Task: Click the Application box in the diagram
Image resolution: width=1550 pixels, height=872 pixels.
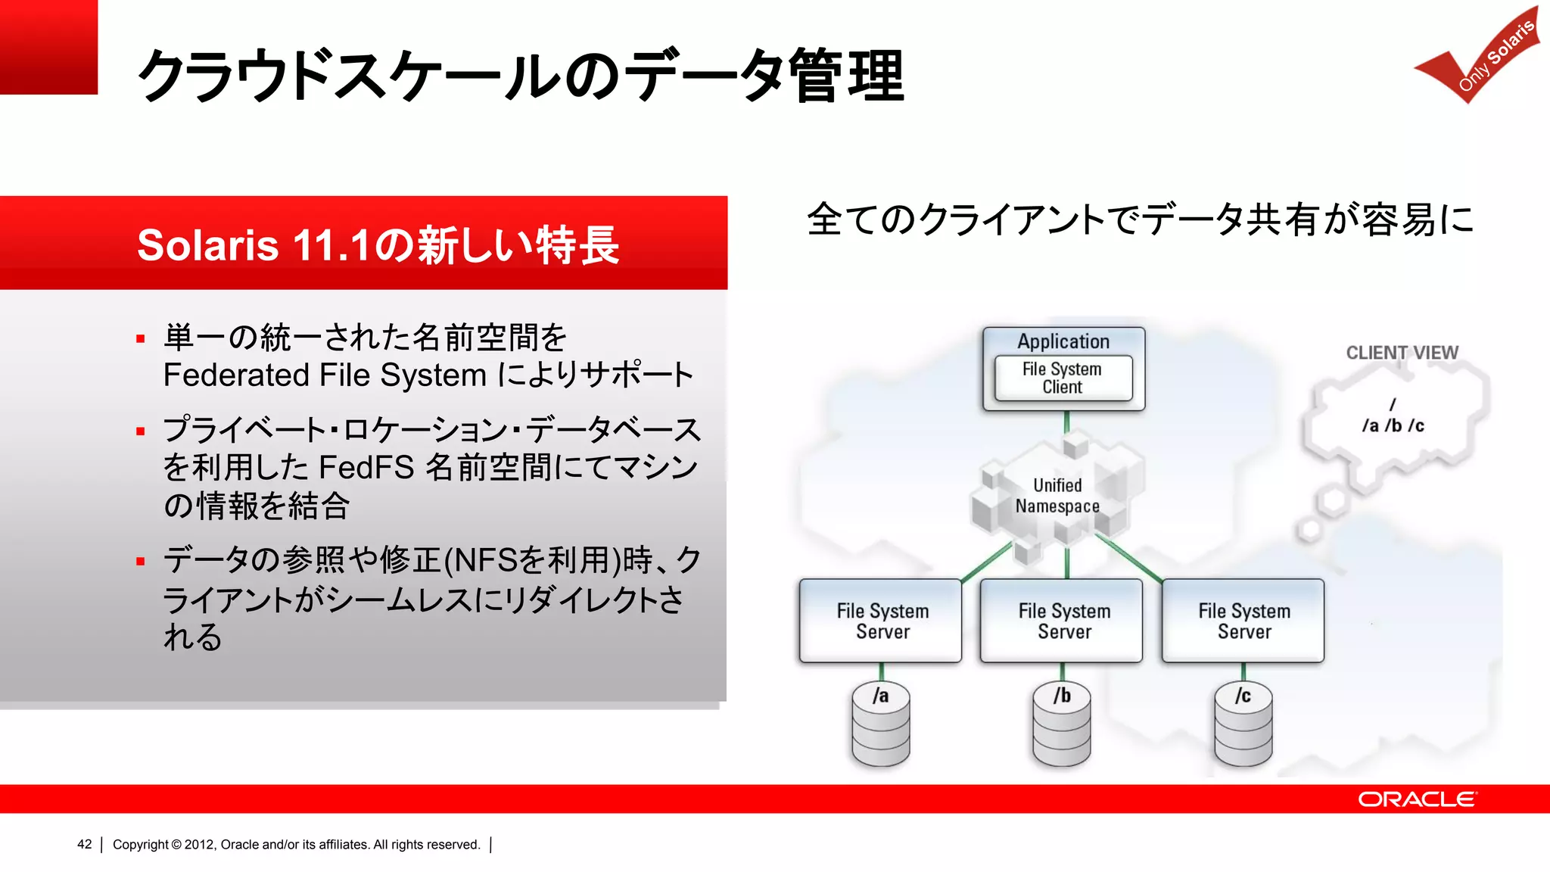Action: coord(1063,341)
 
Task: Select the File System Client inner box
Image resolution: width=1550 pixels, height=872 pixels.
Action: coord(1063,378)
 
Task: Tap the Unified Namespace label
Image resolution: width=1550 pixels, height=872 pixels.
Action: coord(1057,496)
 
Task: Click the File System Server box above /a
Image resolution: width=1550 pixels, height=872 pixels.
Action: coord(882,621)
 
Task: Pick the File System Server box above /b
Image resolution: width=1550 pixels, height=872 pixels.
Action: coord(1063,621)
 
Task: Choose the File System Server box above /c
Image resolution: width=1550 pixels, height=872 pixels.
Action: coord(1243,621)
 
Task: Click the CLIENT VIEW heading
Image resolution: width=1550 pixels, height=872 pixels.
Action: coord(1402,353)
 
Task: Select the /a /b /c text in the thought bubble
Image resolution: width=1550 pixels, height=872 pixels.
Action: coord(1393,426)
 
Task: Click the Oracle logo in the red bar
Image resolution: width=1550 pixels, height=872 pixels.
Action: coord(1416,799)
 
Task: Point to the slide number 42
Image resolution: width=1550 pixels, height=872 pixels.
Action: coord(84,845)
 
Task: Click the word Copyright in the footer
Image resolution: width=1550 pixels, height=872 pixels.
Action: coord(140,845)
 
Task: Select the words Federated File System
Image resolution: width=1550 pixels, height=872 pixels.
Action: coord(325,375)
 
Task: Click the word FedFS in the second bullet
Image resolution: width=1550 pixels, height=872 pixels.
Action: coord(366,468)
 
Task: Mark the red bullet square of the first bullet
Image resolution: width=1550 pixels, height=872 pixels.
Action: coord(140,339)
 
